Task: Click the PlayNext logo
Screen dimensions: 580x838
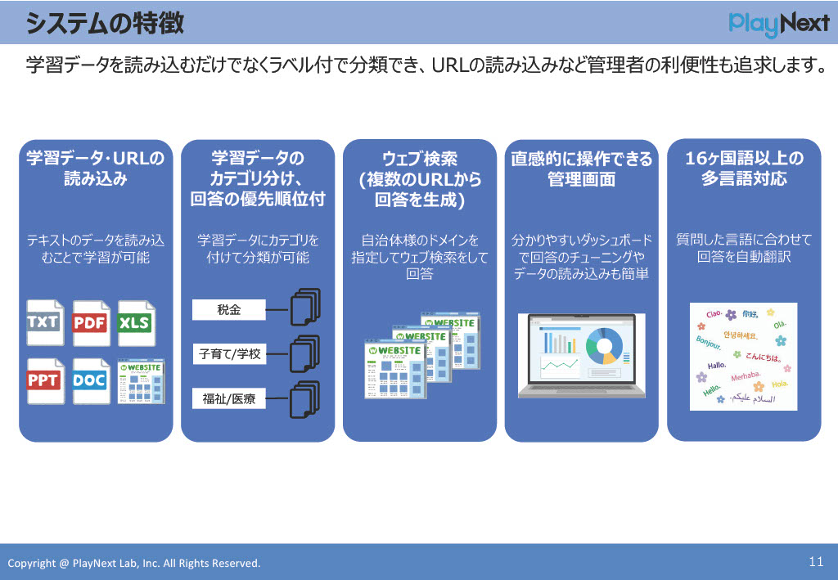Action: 778,24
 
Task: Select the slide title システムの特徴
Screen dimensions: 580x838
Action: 104,24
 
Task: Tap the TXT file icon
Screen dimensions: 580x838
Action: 44,322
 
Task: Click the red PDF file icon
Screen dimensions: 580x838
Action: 90,322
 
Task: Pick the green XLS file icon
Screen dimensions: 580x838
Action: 135,322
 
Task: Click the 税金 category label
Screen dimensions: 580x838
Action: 229,309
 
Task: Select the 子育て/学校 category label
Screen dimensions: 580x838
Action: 229,354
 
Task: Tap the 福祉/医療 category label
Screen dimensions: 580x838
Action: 229,399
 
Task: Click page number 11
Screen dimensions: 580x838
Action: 815,561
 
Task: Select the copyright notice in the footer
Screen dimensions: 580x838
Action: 134,563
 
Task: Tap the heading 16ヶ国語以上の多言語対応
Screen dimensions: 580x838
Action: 744,169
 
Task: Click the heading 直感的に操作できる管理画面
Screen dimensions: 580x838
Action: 582,169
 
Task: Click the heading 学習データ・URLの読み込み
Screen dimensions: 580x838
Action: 96,169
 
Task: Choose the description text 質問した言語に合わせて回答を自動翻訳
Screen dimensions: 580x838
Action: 744,249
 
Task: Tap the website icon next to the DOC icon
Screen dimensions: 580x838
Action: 141,380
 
